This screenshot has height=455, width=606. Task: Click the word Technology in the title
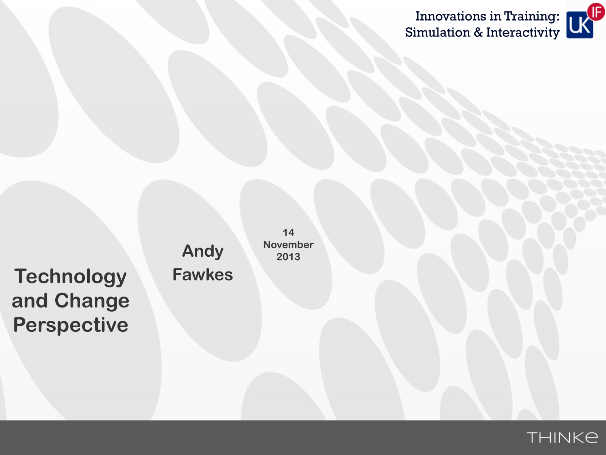point(70,277)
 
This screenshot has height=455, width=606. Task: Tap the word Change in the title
point(92,301)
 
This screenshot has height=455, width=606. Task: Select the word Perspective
point(71,325)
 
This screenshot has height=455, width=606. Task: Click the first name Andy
point(203,251)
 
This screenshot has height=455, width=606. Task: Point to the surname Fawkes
point(203,275)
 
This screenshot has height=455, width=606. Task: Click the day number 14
point(289,232)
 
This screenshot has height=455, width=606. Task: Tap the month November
point(289,245)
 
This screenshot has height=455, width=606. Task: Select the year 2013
point(289,257)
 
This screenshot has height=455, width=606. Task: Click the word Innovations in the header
point(451,16)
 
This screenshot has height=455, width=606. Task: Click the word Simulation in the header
point(437,33)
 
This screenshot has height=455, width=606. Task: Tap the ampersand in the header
point(478,33)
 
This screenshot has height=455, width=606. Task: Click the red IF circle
point(596,12)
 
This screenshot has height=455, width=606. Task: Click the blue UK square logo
point(579,25)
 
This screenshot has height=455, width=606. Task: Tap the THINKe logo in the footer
point(562,438)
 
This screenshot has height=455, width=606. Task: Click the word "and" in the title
point(30,301)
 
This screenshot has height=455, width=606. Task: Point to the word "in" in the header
point(495,16)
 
